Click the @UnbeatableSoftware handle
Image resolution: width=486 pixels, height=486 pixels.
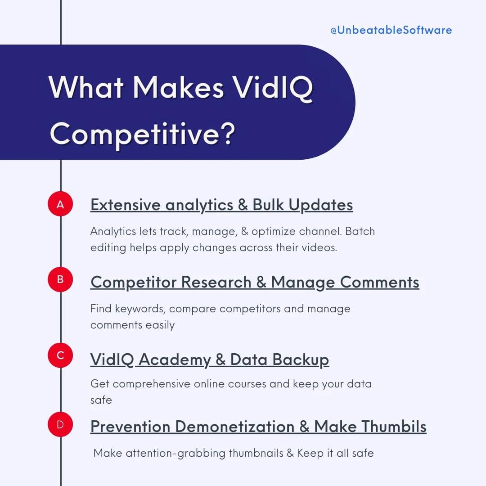tap(391, 30)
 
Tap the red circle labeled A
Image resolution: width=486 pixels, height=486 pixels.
tap(60, 204)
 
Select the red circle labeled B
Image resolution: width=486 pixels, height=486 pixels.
tap(60, 279)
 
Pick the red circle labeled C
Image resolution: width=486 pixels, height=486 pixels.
tap(60, 355)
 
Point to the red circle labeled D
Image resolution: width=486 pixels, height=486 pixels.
tap(60, 424)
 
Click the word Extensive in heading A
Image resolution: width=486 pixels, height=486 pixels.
tap(125, 205)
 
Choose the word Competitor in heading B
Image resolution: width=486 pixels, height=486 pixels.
tap(133, 282)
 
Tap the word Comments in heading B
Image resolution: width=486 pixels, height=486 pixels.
tap(379, 282)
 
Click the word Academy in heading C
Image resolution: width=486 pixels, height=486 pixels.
tap(175, 360)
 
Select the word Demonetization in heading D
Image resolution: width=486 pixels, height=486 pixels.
tap(234, 426)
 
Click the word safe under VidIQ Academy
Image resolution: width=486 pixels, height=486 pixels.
tap(101, 400)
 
